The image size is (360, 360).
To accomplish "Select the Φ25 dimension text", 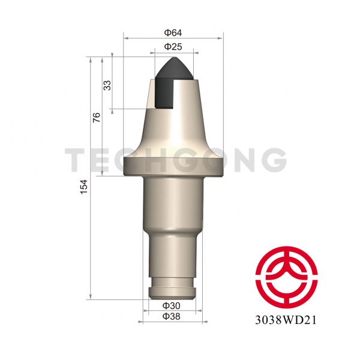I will click(173, 46).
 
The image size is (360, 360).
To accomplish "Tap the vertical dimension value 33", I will click(107, 85).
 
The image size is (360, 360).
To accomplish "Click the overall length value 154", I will click(84, 187).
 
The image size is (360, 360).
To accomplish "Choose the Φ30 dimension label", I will click(173, 306).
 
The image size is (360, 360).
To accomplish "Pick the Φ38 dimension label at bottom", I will click(173, 316).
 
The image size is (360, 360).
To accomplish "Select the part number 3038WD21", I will click(285, 319).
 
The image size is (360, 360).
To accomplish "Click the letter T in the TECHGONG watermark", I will click(76, 160).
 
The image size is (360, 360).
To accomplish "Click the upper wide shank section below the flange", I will click(173, 204).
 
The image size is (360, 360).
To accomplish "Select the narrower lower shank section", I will click(173, 255).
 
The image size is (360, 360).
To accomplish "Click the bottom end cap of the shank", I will click(173, 293).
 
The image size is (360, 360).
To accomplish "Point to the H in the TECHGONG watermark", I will click(152, 160).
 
